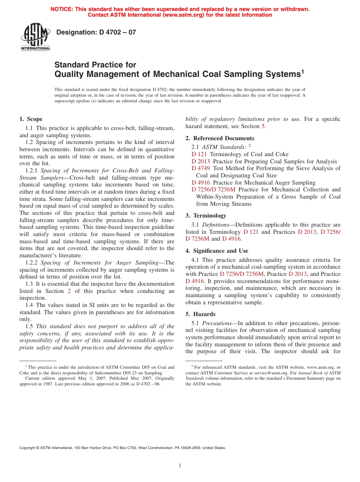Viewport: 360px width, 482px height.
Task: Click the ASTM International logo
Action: [x=35, y=37]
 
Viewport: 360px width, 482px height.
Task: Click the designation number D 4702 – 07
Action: [x=96, y=33]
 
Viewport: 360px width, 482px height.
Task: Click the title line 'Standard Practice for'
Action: [x=95, y=65]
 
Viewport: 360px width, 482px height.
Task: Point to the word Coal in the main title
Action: [x=222, y=74]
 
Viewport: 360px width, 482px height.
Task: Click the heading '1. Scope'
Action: [x=31, y=119]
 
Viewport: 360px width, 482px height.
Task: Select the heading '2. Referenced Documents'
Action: [x=220, y=138]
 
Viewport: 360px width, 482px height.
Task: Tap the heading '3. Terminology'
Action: [x=206, y=216]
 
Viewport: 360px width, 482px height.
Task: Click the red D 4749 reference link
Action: [x=201, y=168]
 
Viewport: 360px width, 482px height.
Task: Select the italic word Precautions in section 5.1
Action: [x=215, y=323]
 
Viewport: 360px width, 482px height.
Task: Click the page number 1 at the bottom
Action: [x=180, y=466]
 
